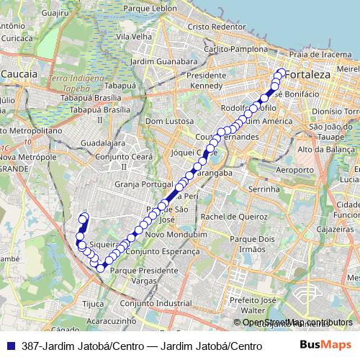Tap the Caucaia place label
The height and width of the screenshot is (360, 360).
(x=24, y=74)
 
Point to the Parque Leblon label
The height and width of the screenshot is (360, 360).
(x=150, y=8)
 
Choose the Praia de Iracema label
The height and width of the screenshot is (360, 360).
(x=320, y=55)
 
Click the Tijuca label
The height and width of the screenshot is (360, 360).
(x=94, y=303)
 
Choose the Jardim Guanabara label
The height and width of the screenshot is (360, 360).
(x=159, y=61)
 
